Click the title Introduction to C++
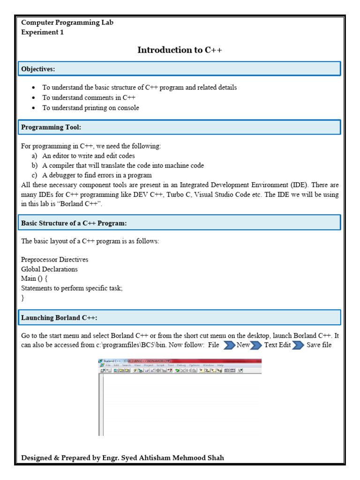(x=180, y=50)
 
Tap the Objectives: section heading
(x=38, y=69)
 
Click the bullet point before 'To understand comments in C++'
(x=33, y=98)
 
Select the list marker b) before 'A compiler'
(x=35, y=165)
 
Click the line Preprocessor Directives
(x=54, y=260)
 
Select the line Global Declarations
(x=49, y=269)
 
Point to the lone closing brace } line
(x=22, y=298)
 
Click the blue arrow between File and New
(x=229, y=345)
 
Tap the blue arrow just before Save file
(x=298, y=345)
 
